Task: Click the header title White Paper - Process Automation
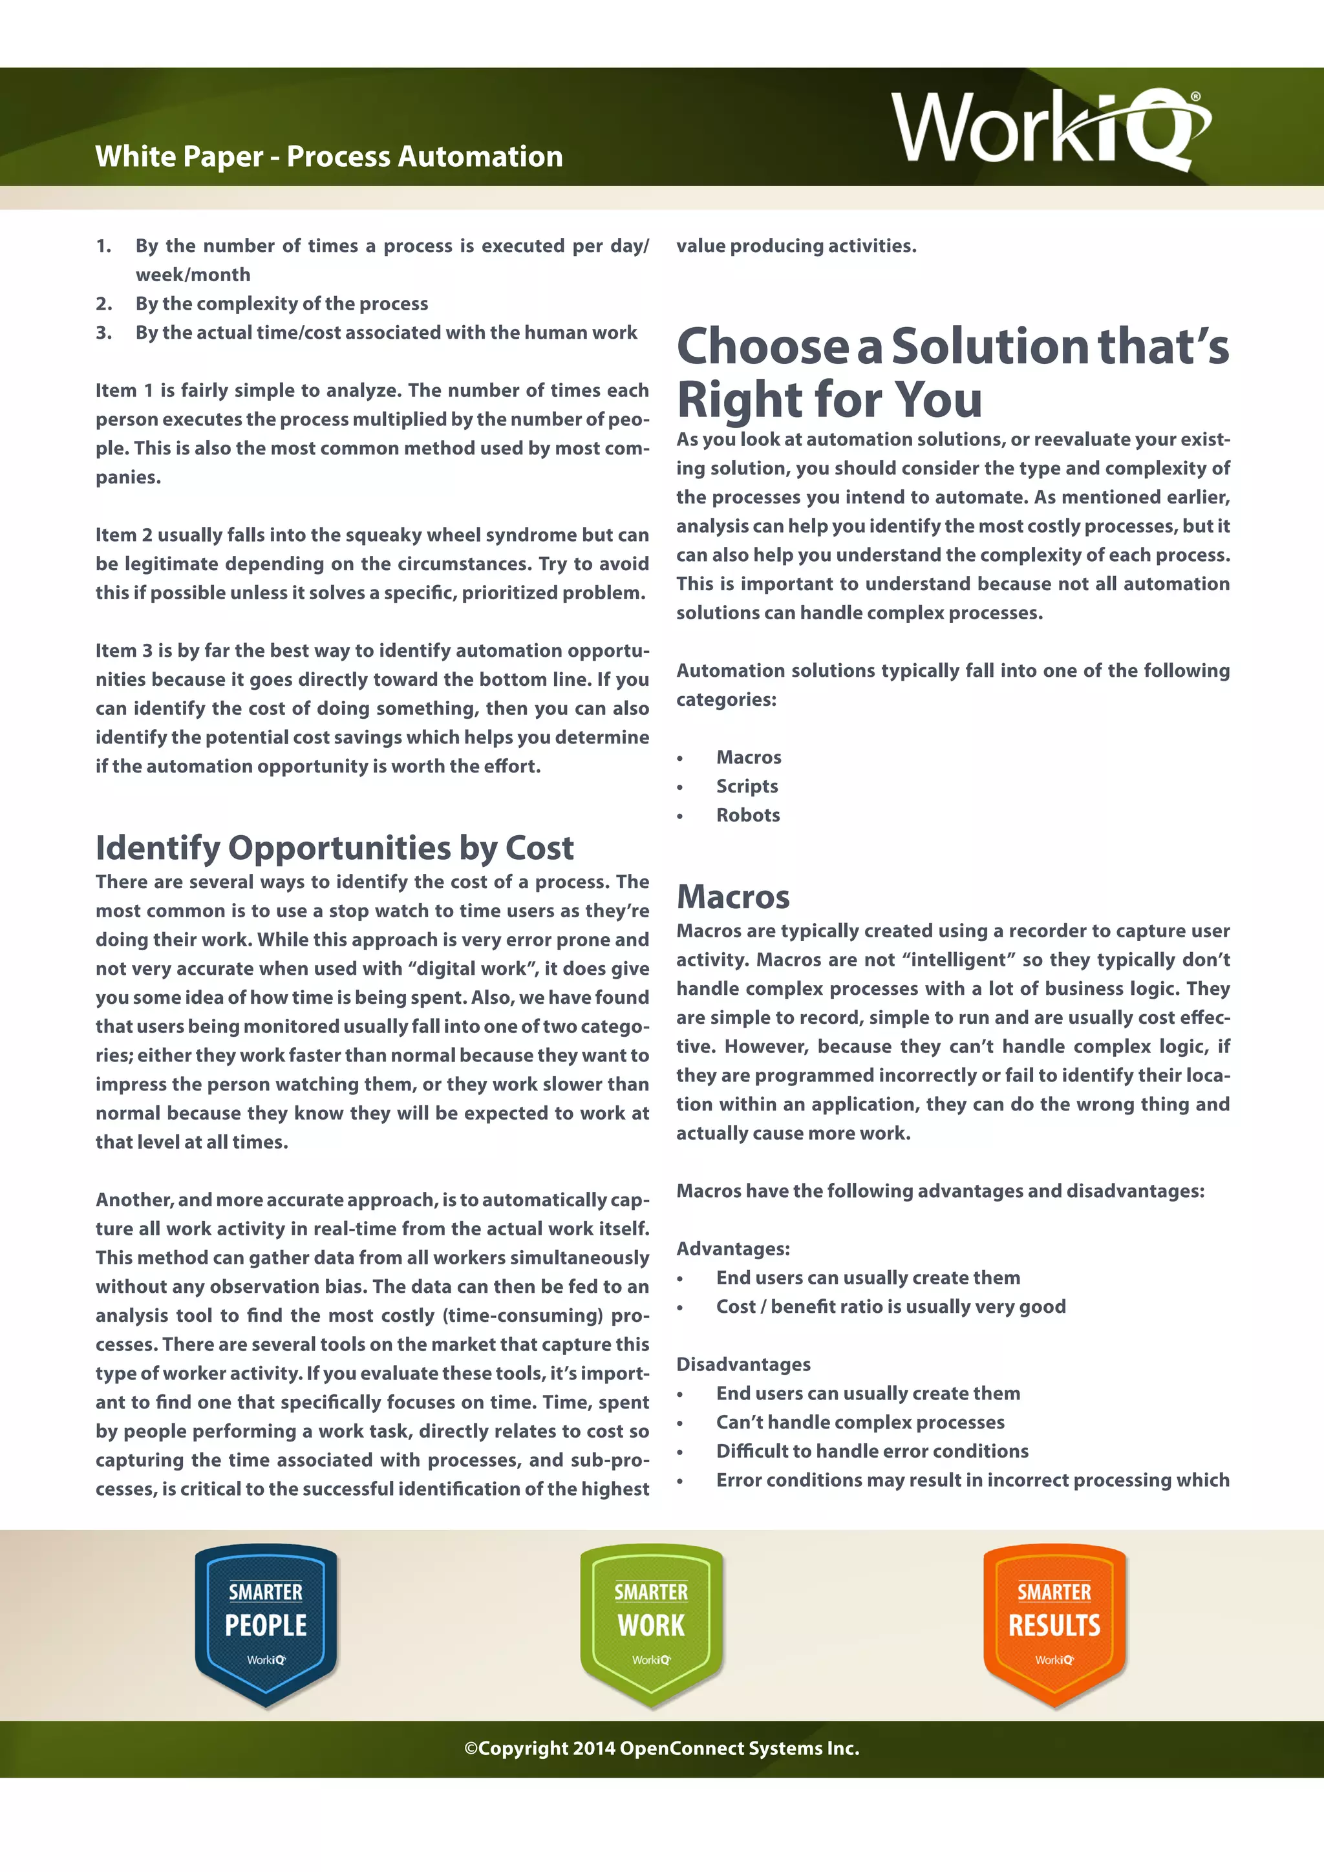click(x=328, y=156)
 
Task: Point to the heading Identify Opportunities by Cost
click(x=334, y=848)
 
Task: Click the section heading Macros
click(x=732, y=897)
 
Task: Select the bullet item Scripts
click(x=747, y=786)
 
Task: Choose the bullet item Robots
click(x=747, y=815)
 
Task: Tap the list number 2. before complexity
click(x=103, y=304)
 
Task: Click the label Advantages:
click(x=732, y=1249)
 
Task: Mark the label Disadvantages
click(x=743, y=1365)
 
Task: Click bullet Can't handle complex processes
click(x=859, y=1423)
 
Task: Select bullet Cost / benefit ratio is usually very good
click(x=890, y=1307)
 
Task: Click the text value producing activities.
click(x=796, y=246)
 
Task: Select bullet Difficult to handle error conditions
click(x=871, y=1451)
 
